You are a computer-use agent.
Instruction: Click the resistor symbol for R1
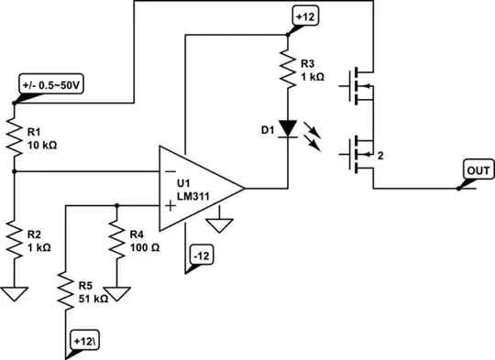point(15,133)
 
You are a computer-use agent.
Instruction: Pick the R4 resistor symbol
point(116,241)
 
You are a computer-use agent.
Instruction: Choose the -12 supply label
point(201,256)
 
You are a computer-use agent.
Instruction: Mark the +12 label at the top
point(304,16)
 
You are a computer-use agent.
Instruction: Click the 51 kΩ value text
point(94,299)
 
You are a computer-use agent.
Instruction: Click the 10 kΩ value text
point(43,145)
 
